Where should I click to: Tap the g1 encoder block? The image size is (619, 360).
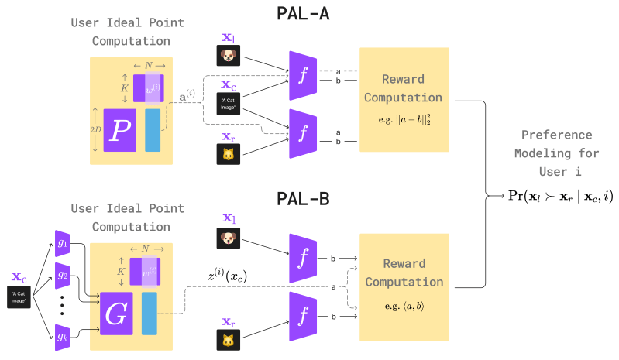pyautogui.click(x=63, y=242)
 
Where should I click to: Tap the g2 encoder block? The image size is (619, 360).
pyautogui.click(x=63, y=274)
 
